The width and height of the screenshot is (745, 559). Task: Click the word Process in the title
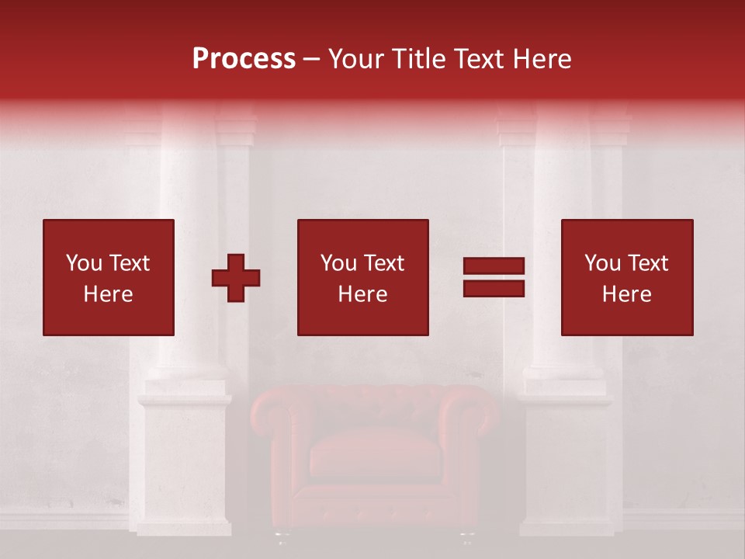pos(244,59)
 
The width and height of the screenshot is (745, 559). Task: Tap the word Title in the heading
pos(419,59)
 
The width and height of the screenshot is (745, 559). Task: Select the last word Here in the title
pos(542,59)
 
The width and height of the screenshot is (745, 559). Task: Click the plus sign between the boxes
pos(236,277)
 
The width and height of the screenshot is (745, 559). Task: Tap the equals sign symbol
pos(494,277)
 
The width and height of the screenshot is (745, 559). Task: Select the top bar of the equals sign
pos(494,266)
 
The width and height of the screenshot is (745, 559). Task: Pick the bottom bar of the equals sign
pos(494,288)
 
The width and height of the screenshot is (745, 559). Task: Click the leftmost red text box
pos(109,277)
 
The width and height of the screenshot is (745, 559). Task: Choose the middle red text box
pos(362,277)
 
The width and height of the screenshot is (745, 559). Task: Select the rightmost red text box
pos(626,277)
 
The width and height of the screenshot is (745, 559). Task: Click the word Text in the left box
pos(129,263)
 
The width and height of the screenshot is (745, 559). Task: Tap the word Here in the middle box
pos(362,294)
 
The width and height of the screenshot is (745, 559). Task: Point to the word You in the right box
pos(603,263)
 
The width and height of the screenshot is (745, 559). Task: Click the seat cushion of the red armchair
pos(375,454)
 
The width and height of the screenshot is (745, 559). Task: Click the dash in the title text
pos(312,59)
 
